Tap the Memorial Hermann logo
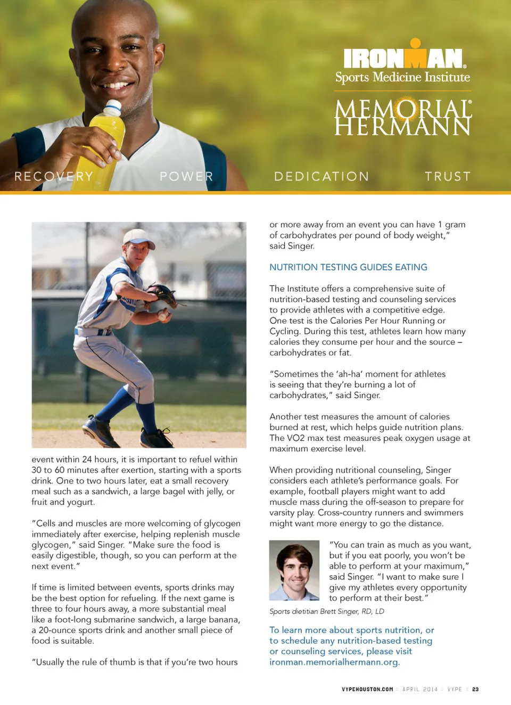click(x=403, y=118)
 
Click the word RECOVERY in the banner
click(x=54, y=176)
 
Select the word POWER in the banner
click(x=186, y=176)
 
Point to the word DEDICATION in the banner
click(x=322, y=176)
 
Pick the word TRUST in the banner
click(x=448, y=176)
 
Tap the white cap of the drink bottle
click(x=112, y=108)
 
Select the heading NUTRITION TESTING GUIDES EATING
click(x=348, y=267)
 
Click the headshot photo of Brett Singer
click(x=294, y=570)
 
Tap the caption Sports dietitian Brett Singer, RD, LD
click(x=326, y=611)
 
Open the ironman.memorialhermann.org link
click(x=334, y=662)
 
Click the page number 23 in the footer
click(x=475, y=689)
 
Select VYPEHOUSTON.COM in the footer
click(x=367, y=689)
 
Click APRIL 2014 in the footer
click(x=420, y=689)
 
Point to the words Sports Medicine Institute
click(x=402, y=78)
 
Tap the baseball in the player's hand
click(x=162, y=315)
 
